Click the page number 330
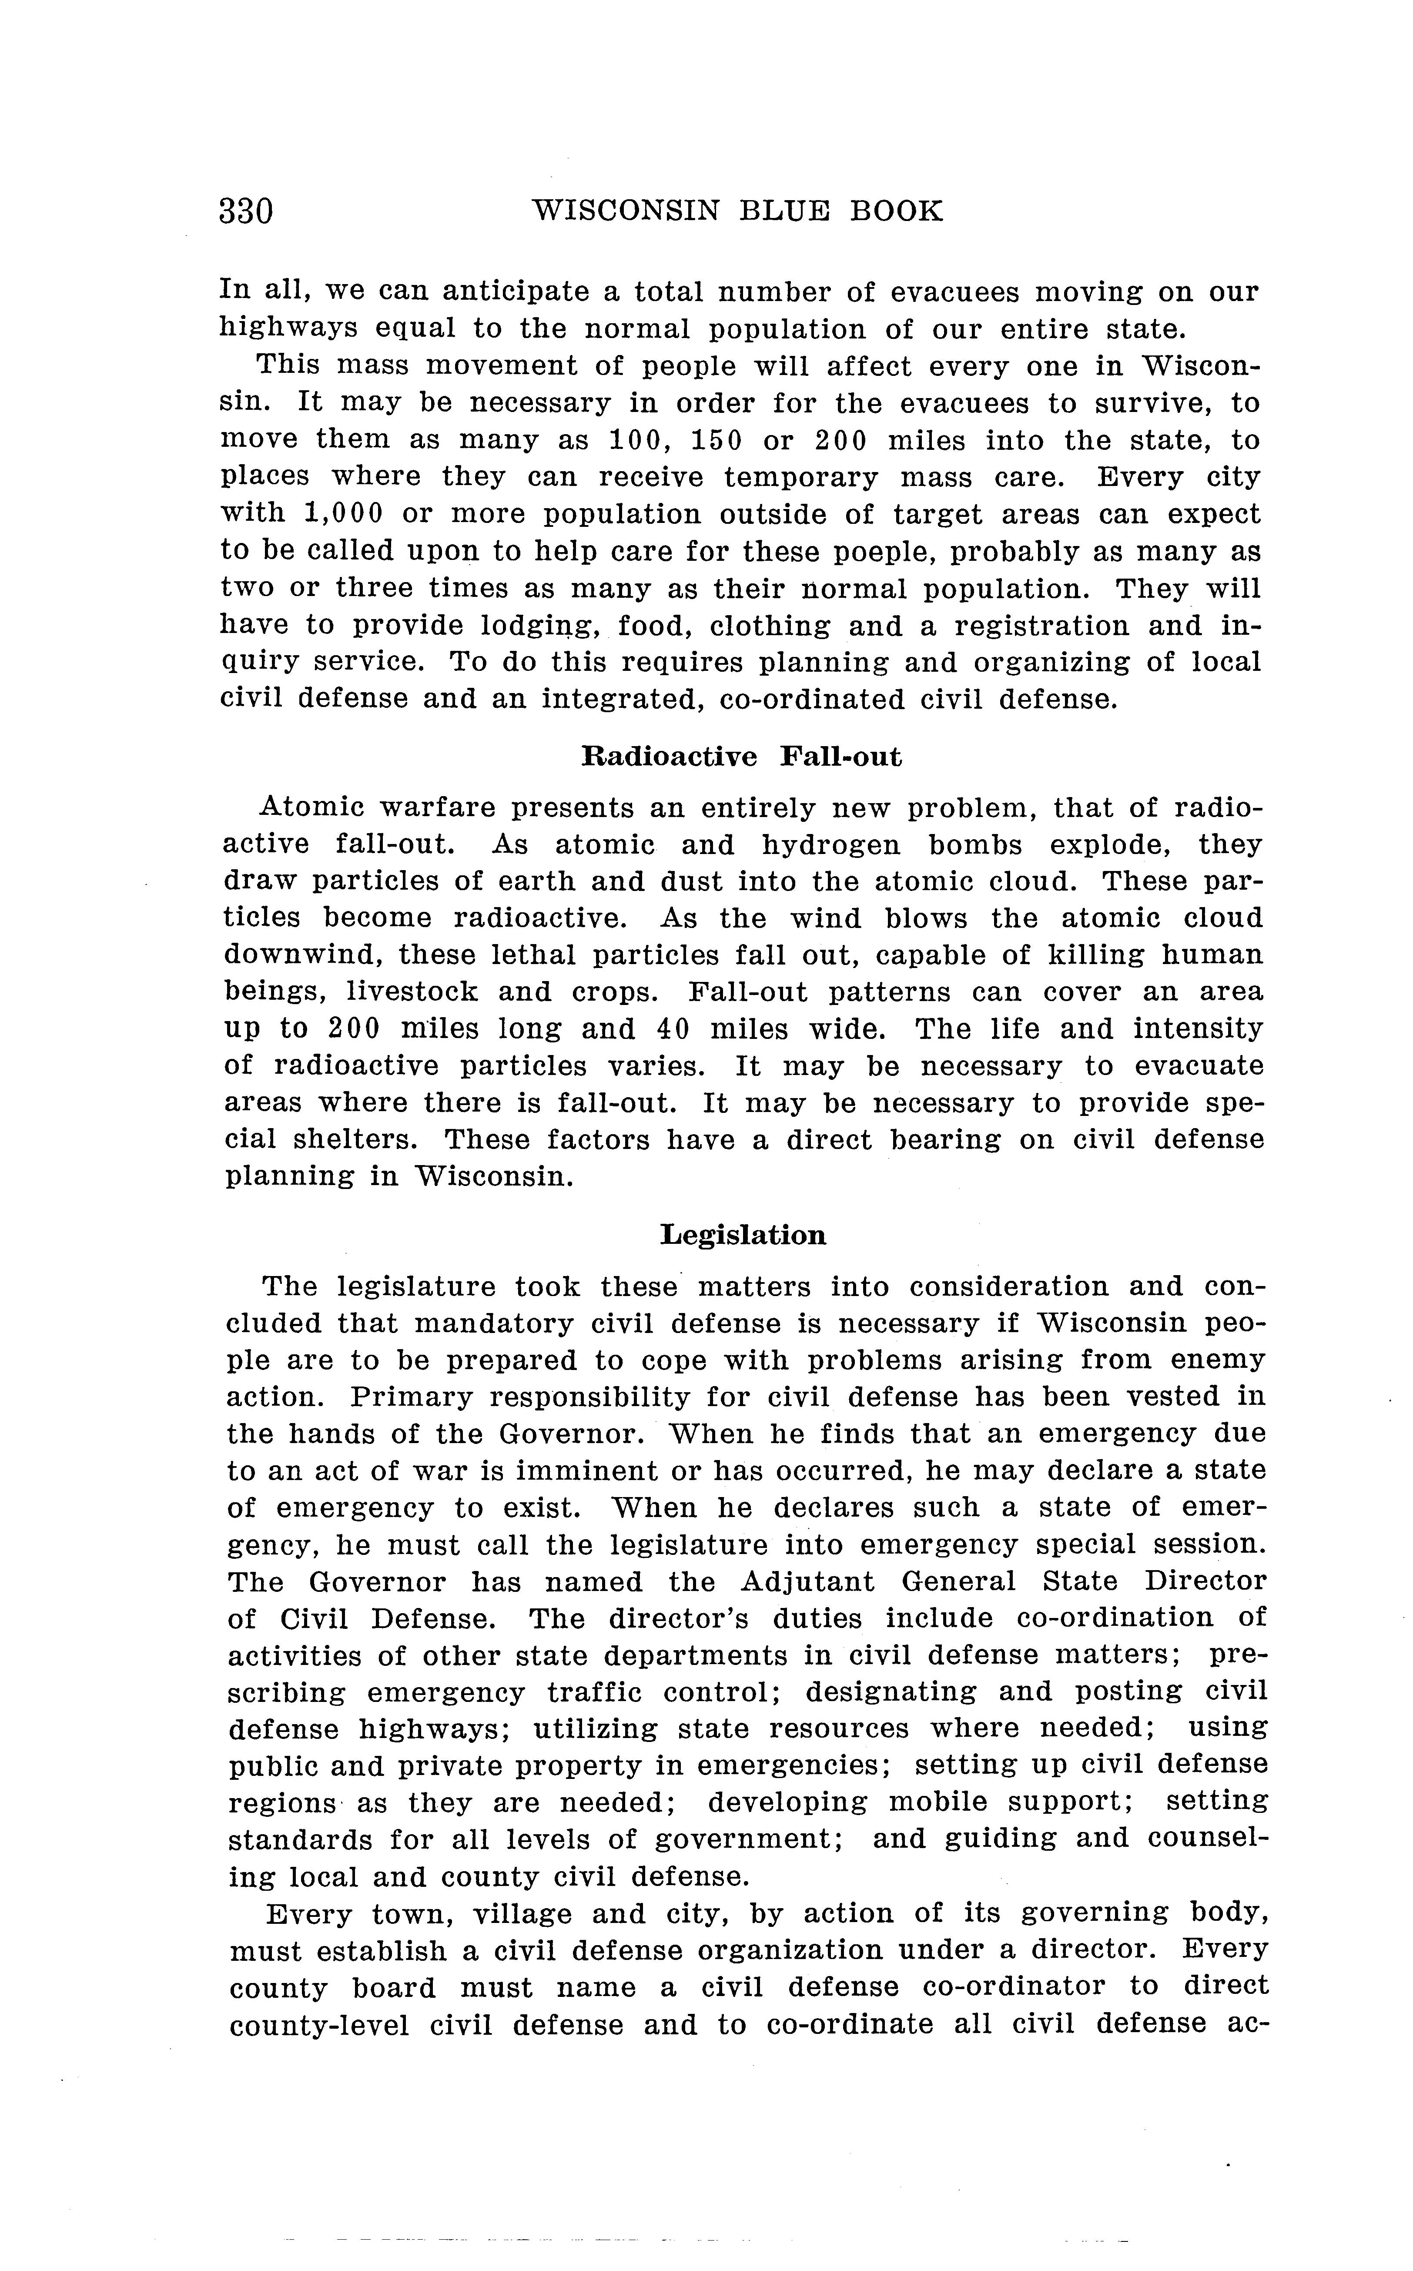(x=246, y=211)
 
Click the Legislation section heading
(x=743, y=1236)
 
